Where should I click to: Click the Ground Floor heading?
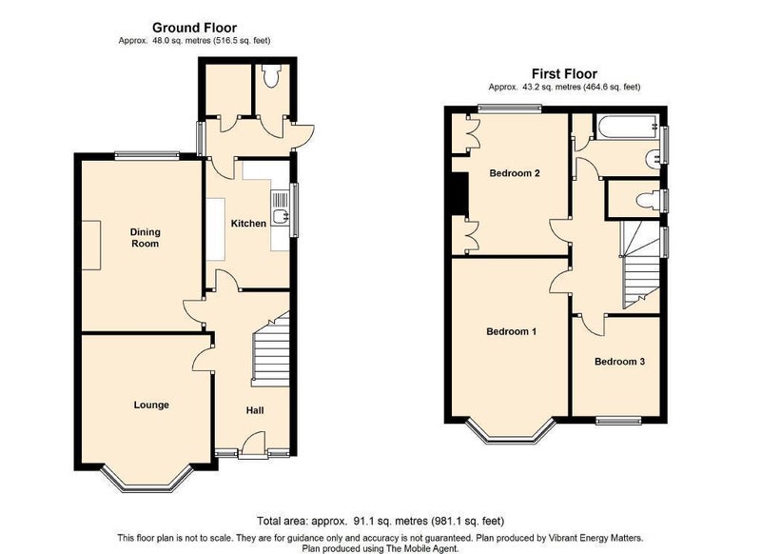(195, 28)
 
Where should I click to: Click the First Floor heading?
(564, 74)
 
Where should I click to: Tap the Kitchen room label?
(248, 224)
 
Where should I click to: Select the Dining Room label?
(146, 238)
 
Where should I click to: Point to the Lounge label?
(151, 405)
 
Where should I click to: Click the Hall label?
(255, 410)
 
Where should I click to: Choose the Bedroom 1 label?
(512, 331)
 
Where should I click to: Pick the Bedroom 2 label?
(515, 173)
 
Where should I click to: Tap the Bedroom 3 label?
(620, 362)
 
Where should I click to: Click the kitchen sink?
(280, 216)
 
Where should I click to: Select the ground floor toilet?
(270, 76)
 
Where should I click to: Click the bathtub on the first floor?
(627, 127)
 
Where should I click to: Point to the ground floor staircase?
(270, 349)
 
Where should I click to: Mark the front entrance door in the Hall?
(253, 445)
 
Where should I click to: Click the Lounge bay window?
(146, 481)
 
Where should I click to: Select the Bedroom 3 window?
(619, 421)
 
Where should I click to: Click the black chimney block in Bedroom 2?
(459, 193)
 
